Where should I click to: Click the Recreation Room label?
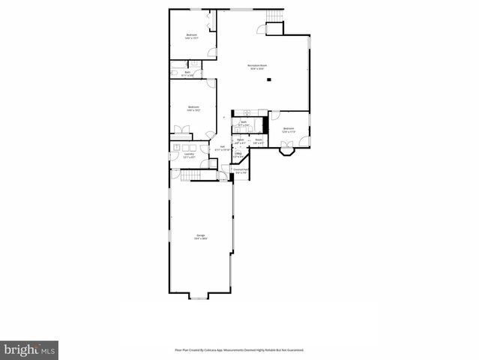(259, 67)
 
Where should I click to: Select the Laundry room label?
(179, 155)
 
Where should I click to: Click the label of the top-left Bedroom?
(192, 37)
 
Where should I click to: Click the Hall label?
(222, 148)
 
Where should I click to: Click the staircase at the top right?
(275, 17)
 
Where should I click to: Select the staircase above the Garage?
(192, 175)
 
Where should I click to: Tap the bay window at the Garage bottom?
(198, 295)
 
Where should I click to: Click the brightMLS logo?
(29, 349)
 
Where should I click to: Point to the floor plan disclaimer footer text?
(239, 349)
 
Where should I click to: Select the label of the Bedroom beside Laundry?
(193, 109)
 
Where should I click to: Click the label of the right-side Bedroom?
(289, 130)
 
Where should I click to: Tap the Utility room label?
(238, 155)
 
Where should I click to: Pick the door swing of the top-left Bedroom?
(213, 52)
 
